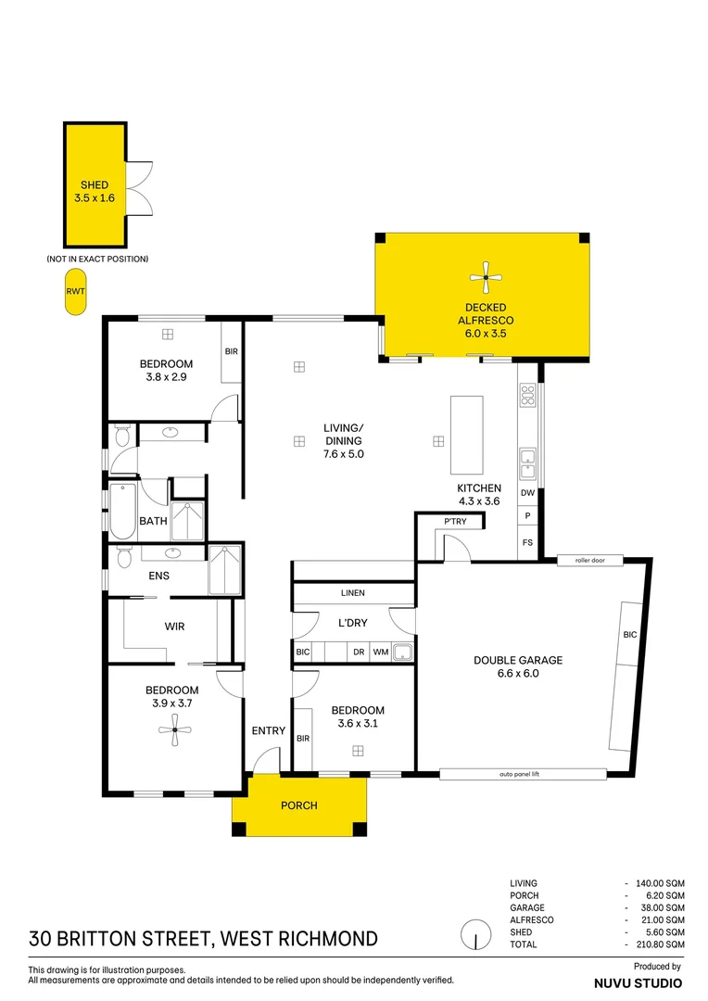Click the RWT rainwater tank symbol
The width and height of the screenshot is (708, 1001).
75,291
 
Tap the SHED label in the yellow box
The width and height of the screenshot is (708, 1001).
94,185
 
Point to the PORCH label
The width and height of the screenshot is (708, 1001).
298,805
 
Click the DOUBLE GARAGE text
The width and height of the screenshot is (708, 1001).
518,661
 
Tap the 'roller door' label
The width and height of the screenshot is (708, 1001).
589,561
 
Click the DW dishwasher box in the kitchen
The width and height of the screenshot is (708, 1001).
527,494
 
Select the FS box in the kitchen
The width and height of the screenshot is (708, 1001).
527,543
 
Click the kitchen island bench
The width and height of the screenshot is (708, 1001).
466,435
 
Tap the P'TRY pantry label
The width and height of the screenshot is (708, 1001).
456,523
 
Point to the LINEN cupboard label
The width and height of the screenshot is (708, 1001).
353,593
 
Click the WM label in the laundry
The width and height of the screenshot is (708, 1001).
380,653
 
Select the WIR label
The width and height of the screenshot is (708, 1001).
174,627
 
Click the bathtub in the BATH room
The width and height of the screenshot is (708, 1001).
122,512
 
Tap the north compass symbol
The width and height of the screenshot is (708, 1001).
475,933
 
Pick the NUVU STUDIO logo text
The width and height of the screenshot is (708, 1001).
638,982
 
